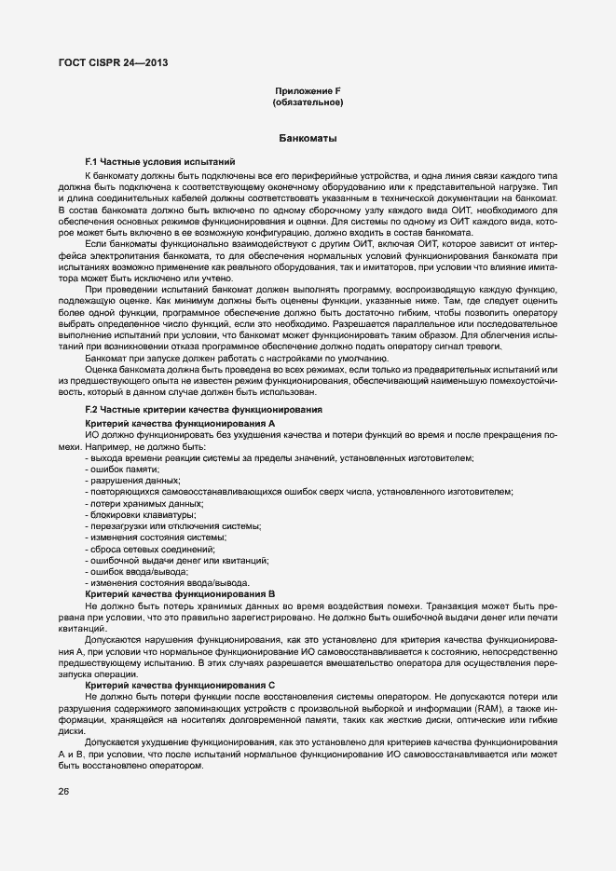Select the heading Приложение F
click(x=308, y=90)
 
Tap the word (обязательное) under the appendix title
click(x=308, y=102)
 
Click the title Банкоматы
click(x=308, y=139)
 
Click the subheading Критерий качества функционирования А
click(x=180, y=423)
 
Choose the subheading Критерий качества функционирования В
click(x=180, y=592)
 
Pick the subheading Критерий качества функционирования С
click(x=180, y=685)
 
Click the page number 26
click(x=64, y=791)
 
